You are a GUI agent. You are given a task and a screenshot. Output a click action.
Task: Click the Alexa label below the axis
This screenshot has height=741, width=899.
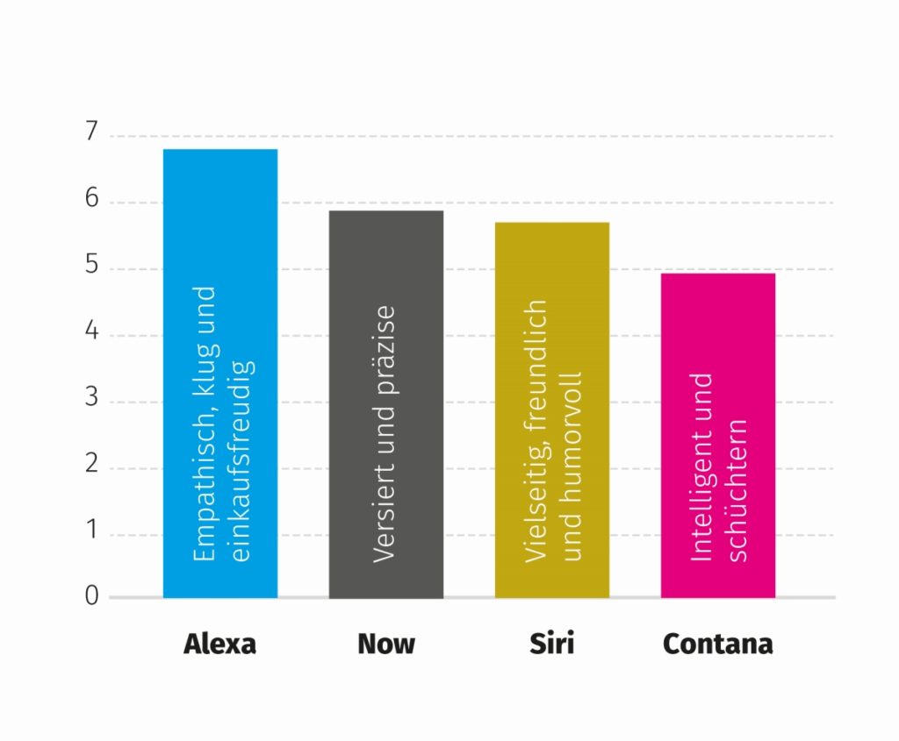click(219, 644)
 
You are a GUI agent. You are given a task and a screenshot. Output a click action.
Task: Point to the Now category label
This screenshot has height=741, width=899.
click(386, 644)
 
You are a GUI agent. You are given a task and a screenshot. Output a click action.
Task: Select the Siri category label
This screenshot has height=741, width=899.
click(552, 644)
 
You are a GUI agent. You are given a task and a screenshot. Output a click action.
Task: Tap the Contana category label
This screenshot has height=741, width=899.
click(718, 644)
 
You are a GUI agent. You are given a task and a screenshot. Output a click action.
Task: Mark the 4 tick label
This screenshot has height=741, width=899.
click(92, 335)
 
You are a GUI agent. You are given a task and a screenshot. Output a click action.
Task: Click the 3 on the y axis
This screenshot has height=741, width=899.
click(92, 401)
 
